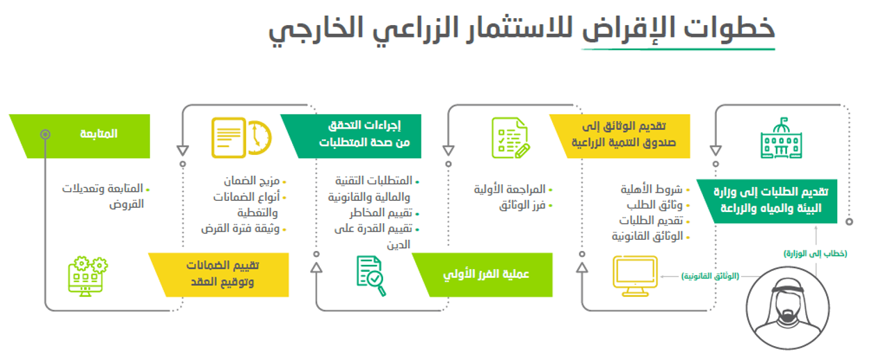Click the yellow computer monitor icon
(x=635, y=277)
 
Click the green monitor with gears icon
(x=88, y=277)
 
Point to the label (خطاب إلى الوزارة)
(x=814, y=254)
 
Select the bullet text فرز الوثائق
(x=523, y=206)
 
